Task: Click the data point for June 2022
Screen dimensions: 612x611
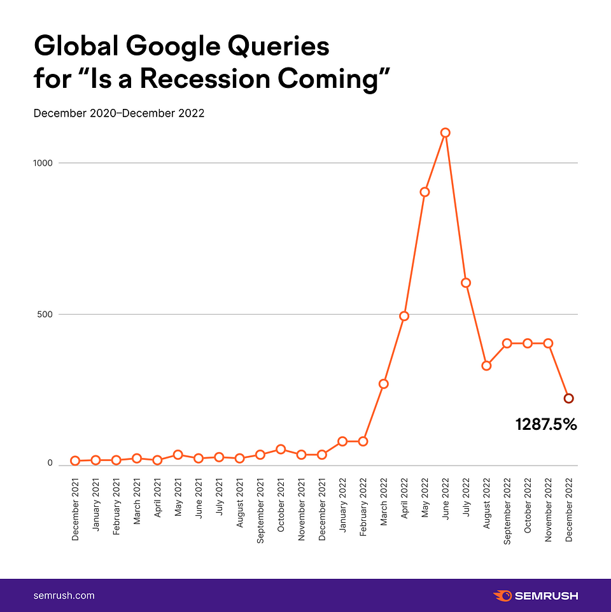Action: tap(446, 132)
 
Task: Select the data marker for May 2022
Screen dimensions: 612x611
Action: tap(425, 192)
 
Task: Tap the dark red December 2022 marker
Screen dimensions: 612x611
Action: tap(568, 398)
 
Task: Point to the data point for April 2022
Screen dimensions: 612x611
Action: tap(404, 316)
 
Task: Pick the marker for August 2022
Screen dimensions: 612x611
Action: tap(486, 366)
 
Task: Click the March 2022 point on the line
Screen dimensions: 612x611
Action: tap(383, 384)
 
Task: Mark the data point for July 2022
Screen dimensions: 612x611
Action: tap(466, 283)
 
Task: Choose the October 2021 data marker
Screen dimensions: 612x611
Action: tap(281, 450)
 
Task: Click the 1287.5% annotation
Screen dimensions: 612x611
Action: tap(546, 425)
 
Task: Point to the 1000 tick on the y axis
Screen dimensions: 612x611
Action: tap(43, 163)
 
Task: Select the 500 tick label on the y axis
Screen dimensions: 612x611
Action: tap(45, 315)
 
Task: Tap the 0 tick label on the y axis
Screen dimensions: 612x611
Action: tap(49, 463)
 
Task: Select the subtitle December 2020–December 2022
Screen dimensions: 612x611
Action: tap(118, 113)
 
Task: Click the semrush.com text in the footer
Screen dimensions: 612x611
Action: tap(64, 595)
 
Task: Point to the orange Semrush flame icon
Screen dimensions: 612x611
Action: tap(502, 596)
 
